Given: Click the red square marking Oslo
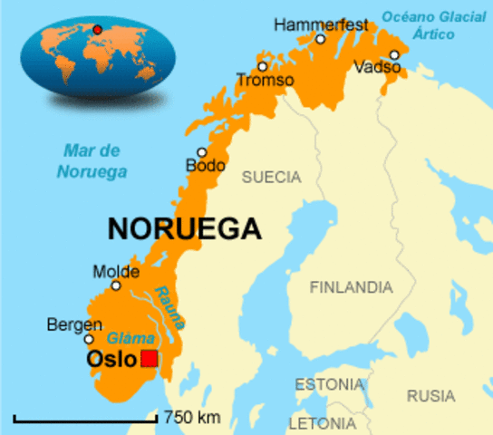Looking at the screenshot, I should point(150,359).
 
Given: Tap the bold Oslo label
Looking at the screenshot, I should point(111,360).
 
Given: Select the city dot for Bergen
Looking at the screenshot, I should point(89,340).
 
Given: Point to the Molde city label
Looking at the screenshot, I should point(116,271).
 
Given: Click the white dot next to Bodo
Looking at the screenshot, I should point(201,152).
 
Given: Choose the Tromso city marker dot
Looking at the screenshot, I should point(262,66).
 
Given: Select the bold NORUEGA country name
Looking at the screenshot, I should point(184,228).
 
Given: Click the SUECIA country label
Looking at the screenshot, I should point(270,178).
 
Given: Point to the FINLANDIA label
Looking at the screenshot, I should point(352,287).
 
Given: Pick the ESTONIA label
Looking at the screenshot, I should point(328,383).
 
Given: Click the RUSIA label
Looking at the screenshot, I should point(430,395).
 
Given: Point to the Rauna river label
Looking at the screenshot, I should point(169,307).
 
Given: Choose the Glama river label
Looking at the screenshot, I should point(125,337).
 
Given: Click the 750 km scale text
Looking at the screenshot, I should point(192,418).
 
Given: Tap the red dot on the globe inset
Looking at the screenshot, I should point(97,29).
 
